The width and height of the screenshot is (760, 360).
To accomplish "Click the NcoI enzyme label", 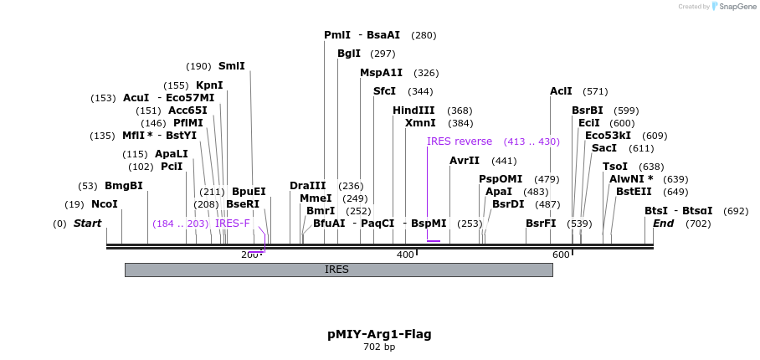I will click(x=105, y=204).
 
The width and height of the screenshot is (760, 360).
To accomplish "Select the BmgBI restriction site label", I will click(x=123, y=186).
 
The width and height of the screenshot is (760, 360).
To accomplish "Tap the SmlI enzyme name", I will click(x=232, y=66).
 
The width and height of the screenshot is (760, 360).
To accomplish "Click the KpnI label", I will click(x=209, y=85).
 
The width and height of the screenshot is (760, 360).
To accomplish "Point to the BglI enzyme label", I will click(x=349, y=54).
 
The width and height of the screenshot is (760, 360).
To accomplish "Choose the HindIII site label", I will click(x=413, y=111).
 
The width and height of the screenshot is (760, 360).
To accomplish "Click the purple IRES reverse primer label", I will click(x=460, y=141).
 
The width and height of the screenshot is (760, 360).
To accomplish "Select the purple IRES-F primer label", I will click(x=233, y=224).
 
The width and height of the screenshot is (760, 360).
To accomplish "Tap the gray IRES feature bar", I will click(x=338, y=270).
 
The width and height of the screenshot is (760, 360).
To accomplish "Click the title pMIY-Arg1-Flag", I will click(x=379, y=334).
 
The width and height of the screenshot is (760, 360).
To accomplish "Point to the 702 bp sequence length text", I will click(x=379, y=347).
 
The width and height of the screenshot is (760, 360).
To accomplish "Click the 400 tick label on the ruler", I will click(x=405, y=255).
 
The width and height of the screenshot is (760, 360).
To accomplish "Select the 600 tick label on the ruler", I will click(x=561, y=255).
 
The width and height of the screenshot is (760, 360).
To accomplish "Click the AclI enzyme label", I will click(x=561, y=91).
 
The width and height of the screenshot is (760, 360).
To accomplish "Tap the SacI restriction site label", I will click(x=603, y=148).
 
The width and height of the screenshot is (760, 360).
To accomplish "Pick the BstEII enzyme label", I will click(x=634, y=192).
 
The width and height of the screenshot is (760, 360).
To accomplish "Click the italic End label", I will click(x=663, y=224).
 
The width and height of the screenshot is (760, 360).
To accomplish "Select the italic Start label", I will click(x=87, y=224).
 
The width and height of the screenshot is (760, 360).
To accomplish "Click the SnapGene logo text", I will click(x=737, y=7).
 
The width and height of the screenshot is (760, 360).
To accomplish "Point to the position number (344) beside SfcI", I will click(x=420, y=91).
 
